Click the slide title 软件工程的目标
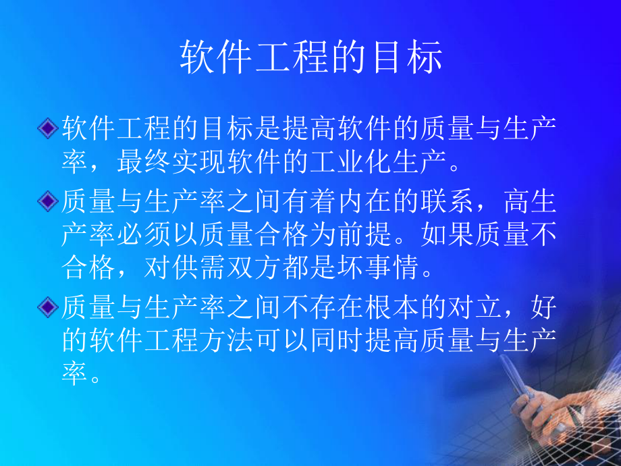310,57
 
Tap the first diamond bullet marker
47,128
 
